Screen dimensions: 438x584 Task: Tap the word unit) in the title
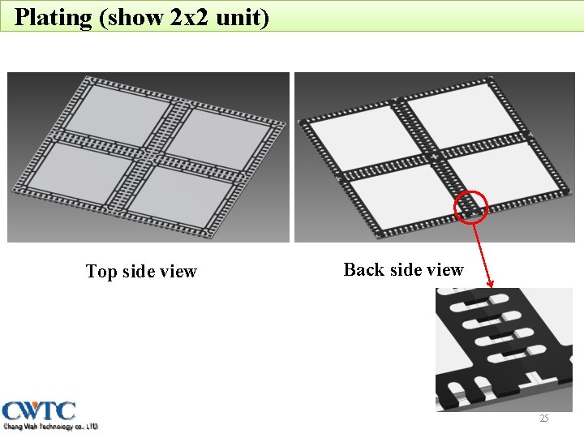point(243,17)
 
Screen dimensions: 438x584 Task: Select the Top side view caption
point(141,272)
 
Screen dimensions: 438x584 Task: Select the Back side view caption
point(403,270)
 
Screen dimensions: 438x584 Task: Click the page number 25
point(544,419)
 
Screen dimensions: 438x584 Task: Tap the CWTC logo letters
point(39,410)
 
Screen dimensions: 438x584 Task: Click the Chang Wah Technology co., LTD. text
point(50,426)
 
